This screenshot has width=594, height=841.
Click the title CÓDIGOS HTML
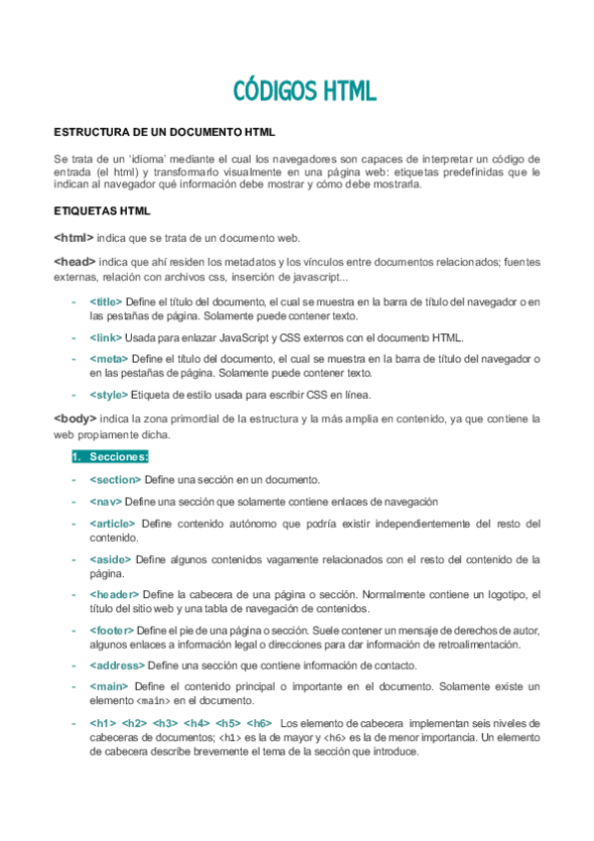304,91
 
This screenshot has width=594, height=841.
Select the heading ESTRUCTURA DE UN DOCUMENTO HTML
164,131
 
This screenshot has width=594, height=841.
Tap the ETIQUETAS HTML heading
101,211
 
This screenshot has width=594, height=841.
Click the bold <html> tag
73,238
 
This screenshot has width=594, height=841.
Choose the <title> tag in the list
105,300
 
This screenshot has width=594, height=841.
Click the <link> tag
104,337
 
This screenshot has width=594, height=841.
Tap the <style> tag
106,394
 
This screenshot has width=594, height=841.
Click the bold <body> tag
75,419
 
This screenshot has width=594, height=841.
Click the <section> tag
115,479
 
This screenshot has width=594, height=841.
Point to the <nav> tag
105,501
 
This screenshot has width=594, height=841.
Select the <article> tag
112,523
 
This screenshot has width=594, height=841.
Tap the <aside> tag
110,559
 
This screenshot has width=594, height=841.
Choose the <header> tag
114,594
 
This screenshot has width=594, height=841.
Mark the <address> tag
116,664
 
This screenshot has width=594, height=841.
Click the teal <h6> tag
259,722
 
